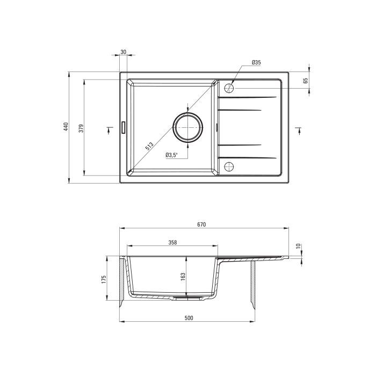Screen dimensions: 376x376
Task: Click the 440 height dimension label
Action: coord(66,127)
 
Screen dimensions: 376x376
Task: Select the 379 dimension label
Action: coord(81,128)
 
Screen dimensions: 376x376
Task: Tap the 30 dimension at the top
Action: coord(123,52)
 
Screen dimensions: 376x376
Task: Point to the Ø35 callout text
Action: coord(256,62)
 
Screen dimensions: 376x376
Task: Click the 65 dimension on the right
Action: coord(305,81)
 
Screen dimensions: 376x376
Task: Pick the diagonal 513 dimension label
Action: coord(149,146)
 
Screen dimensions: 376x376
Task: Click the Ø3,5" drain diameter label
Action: coord(171,155)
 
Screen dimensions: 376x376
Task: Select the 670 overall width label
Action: coord(201,225)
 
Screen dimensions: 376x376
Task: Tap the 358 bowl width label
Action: coord(172,242)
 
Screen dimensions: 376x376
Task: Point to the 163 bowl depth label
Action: coord(183,277)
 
